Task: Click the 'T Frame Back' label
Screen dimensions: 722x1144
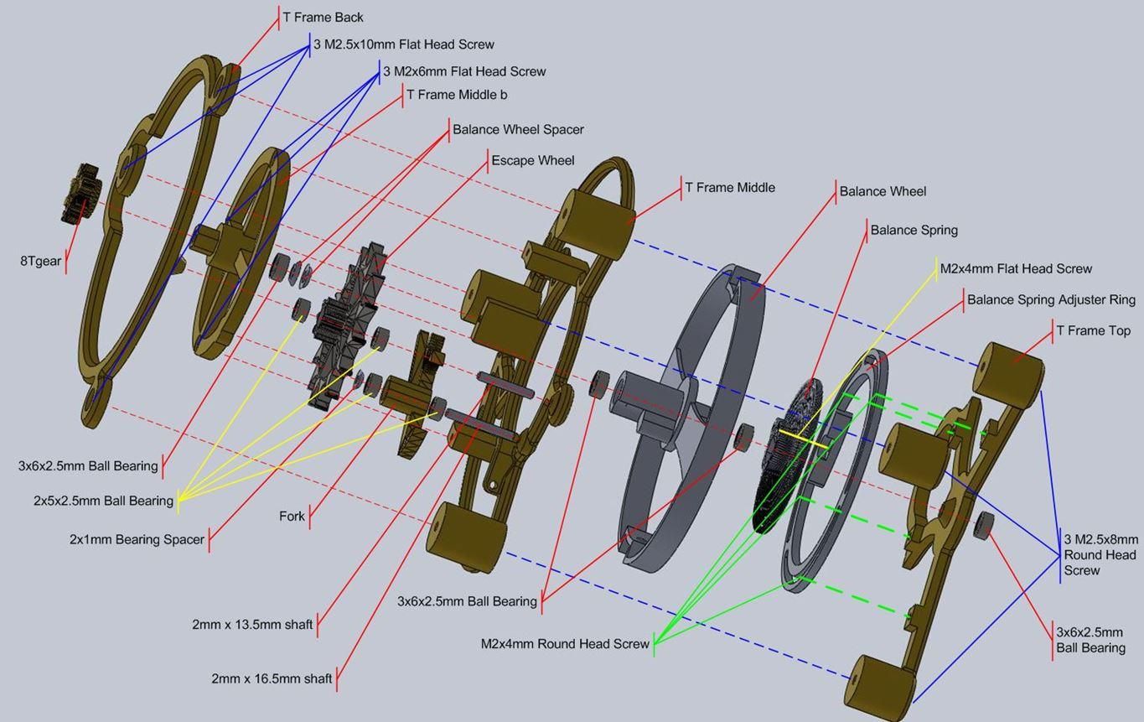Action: pyautogui.click(x=323, y=18)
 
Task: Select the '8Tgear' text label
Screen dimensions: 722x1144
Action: pyautogui.click(x=40, y=261)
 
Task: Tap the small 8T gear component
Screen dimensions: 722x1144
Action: pyautogui.click(x=80, y=192)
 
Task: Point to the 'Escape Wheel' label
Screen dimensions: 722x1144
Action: pyautogui.click(x=532, y=160)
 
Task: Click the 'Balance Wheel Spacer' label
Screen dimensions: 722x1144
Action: pyautogui.click(x=518, y=129)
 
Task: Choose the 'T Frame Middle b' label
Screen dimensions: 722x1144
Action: pyautogui.click(x=457, y=95)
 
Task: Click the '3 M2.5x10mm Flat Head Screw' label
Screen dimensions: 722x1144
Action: pyautogui.click(x=403, y=44)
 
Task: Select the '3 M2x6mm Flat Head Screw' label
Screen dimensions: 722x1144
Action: pyautogui.click(x=464, y=71)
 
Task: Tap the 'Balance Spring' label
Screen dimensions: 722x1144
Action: pyautogui.click(x=914, y=230)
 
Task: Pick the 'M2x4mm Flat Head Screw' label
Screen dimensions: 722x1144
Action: pyautogui.click(x=1016, y=268)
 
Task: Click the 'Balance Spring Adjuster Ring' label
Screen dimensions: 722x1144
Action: pyautogui.click(x=1051, y=299)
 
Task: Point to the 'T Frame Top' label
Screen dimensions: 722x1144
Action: pyautogui.click(x=1093, y=330)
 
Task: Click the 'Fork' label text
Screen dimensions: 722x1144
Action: pyautogui.click(x=292, y=516)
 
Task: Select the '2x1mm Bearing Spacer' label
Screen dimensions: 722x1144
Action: pyautogui.click(x=137, y=539)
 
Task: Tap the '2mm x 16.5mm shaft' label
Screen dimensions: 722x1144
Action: pyautogui.click(x=272, y=678)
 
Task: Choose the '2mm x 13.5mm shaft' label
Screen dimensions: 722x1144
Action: pyautogui.click(x=252, y=625)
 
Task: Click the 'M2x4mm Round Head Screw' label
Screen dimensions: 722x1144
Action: pyautogui.click(x=565, y=644)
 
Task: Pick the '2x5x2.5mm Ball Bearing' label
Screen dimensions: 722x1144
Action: pyautogui.click(x=103, y=501)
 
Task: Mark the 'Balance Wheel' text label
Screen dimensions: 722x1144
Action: pyautogui.click(x=883, y=191)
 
